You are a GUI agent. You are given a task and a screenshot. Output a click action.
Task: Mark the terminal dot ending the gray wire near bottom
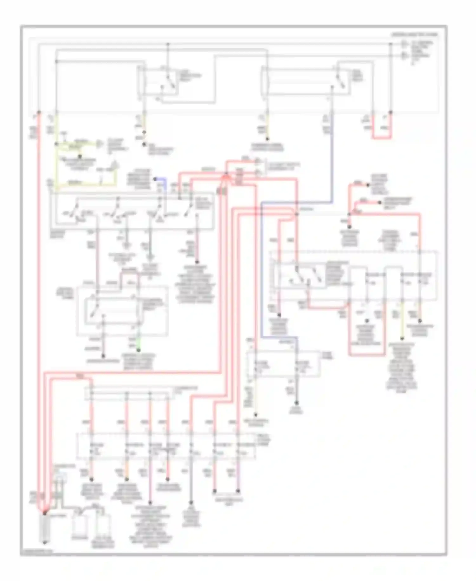click(191, 503)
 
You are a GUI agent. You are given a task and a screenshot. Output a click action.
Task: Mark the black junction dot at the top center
click(168, 44)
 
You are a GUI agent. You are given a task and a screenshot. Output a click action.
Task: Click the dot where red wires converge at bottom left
click(44, 512)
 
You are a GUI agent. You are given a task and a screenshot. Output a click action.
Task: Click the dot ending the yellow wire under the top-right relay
click(267, 139)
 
